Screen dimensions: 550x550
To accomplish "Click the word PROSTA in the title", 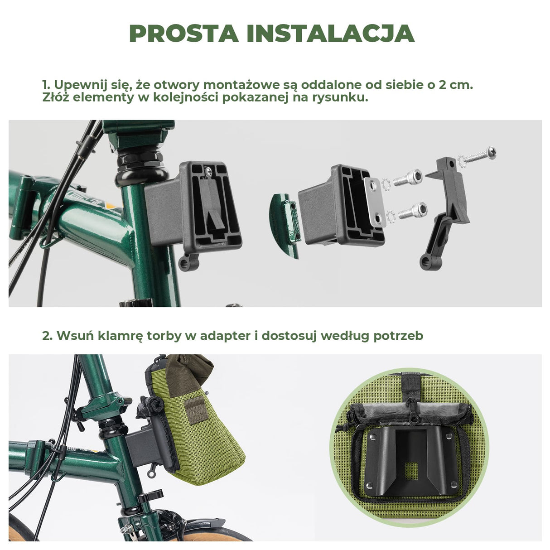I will [x=183, y=34].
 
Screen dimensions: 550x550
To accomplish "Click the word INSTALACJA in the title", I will [x=330, y=34].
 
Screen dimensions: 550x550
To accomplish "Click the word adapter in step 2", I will [x=222, y=336].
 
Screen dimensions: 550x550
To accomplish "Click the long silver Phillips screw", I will [x=478, y=154].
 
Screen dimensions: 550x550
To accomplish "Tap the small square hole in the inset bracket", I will [x=411, y=471].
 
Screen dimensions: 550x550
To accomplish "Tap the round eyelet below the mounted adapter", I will [x=186, y=261].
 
